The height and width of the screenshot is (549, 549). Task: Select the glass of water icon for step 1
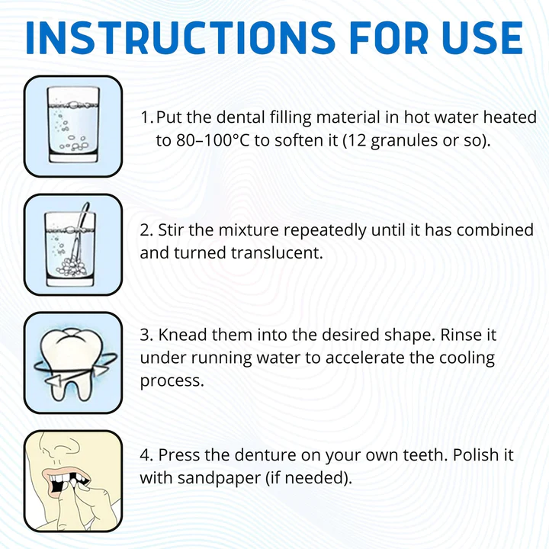[x=73, y=126]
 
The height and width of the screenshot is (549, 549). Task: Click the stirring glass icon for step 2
[x=73, y=244]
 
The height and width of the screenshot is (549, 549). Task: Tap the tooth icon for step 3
[x=73, y=362]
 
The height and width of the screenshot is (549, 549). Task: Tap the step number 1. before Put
[x=147, y=119]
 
